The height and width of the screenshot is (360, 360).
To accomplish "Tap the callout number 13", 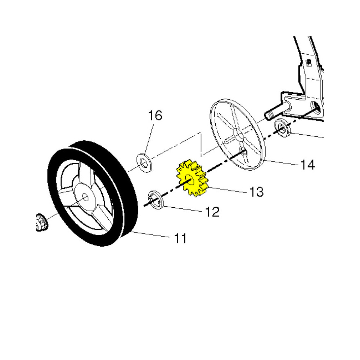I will click(256, 192).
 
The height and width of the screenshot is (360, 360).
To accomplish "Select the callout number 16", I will click(155, 116).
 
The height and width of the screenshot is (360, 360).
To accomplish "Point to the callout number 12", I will click(212, 212).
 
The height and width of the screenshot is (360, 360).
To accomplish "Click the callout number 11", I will click(180, 238).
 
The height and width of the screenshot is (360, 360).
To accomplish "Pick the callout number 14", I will click(307, 165).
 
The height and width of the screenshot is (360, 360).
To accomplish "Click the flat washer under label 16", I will click(144, 161).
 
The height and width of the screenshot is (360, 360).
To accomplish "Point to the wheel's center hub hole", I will click(85, 197).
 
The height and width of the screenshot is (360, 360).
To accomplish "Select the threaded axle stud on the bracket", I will click(275, 112).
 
